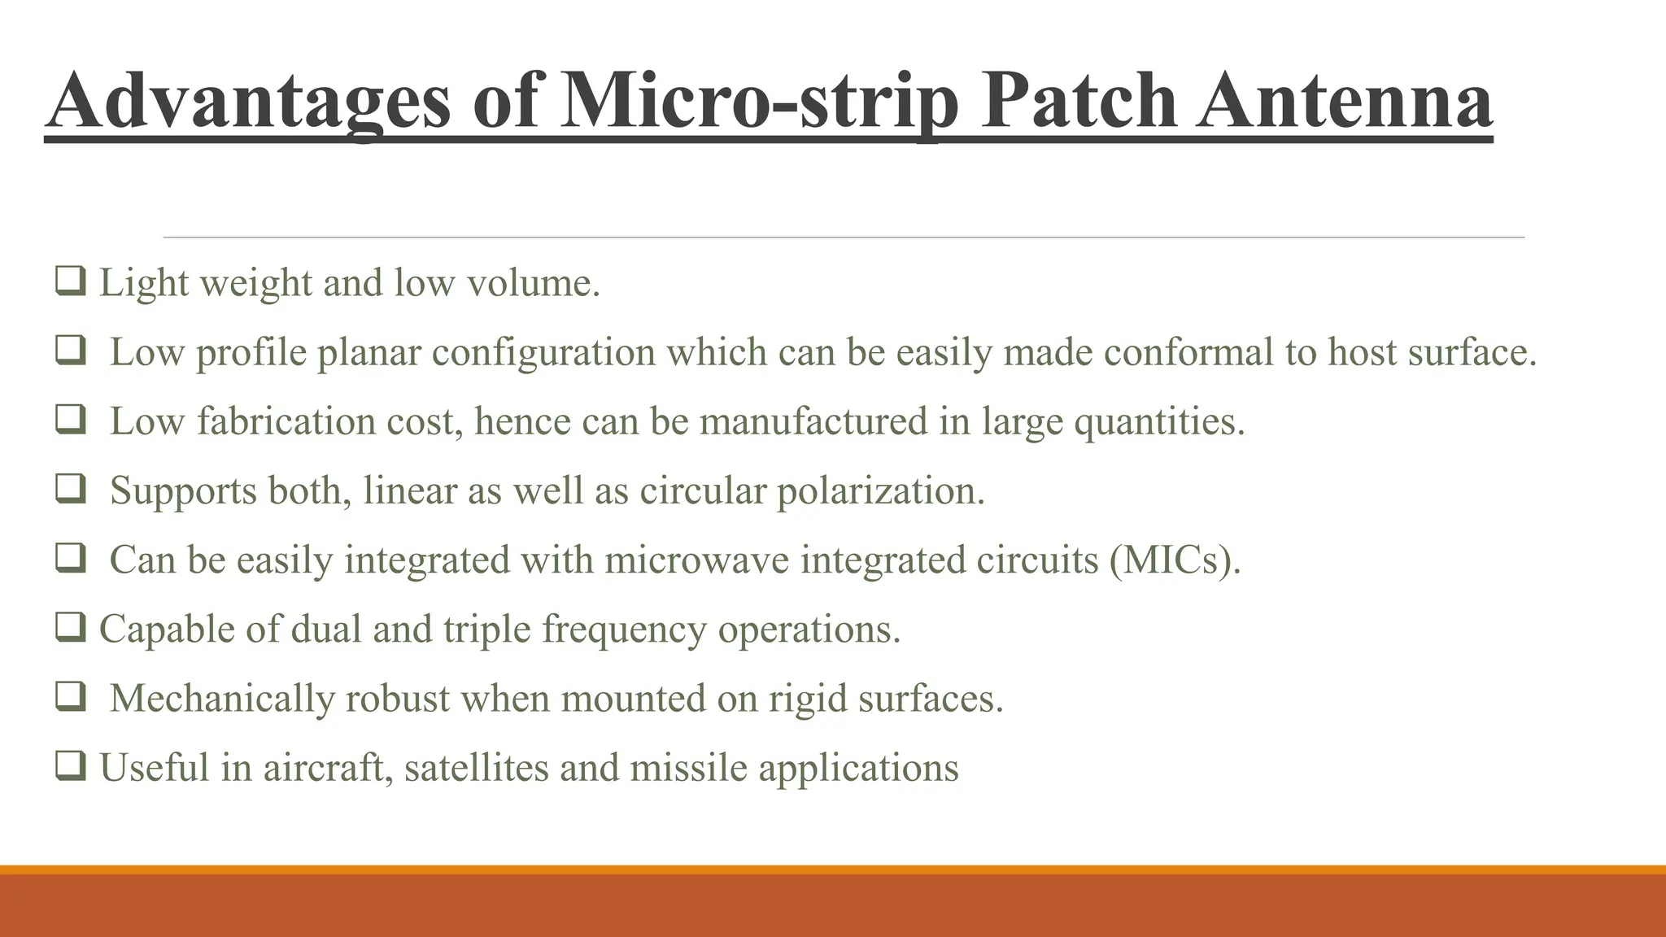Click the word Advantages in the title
tap(248, 102)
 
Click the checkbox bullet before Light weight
tap(70, 281)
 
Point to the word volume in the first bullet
tap(533, 283)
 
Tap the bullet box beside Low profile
tap(70, 351)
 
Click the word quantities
tap(1159, 421)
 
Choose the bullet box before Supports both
tap(70, 489)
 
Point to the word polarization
tap(880, 490)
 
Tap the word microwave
tap(696, 560)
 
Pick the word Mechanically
tap(221, 698)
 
